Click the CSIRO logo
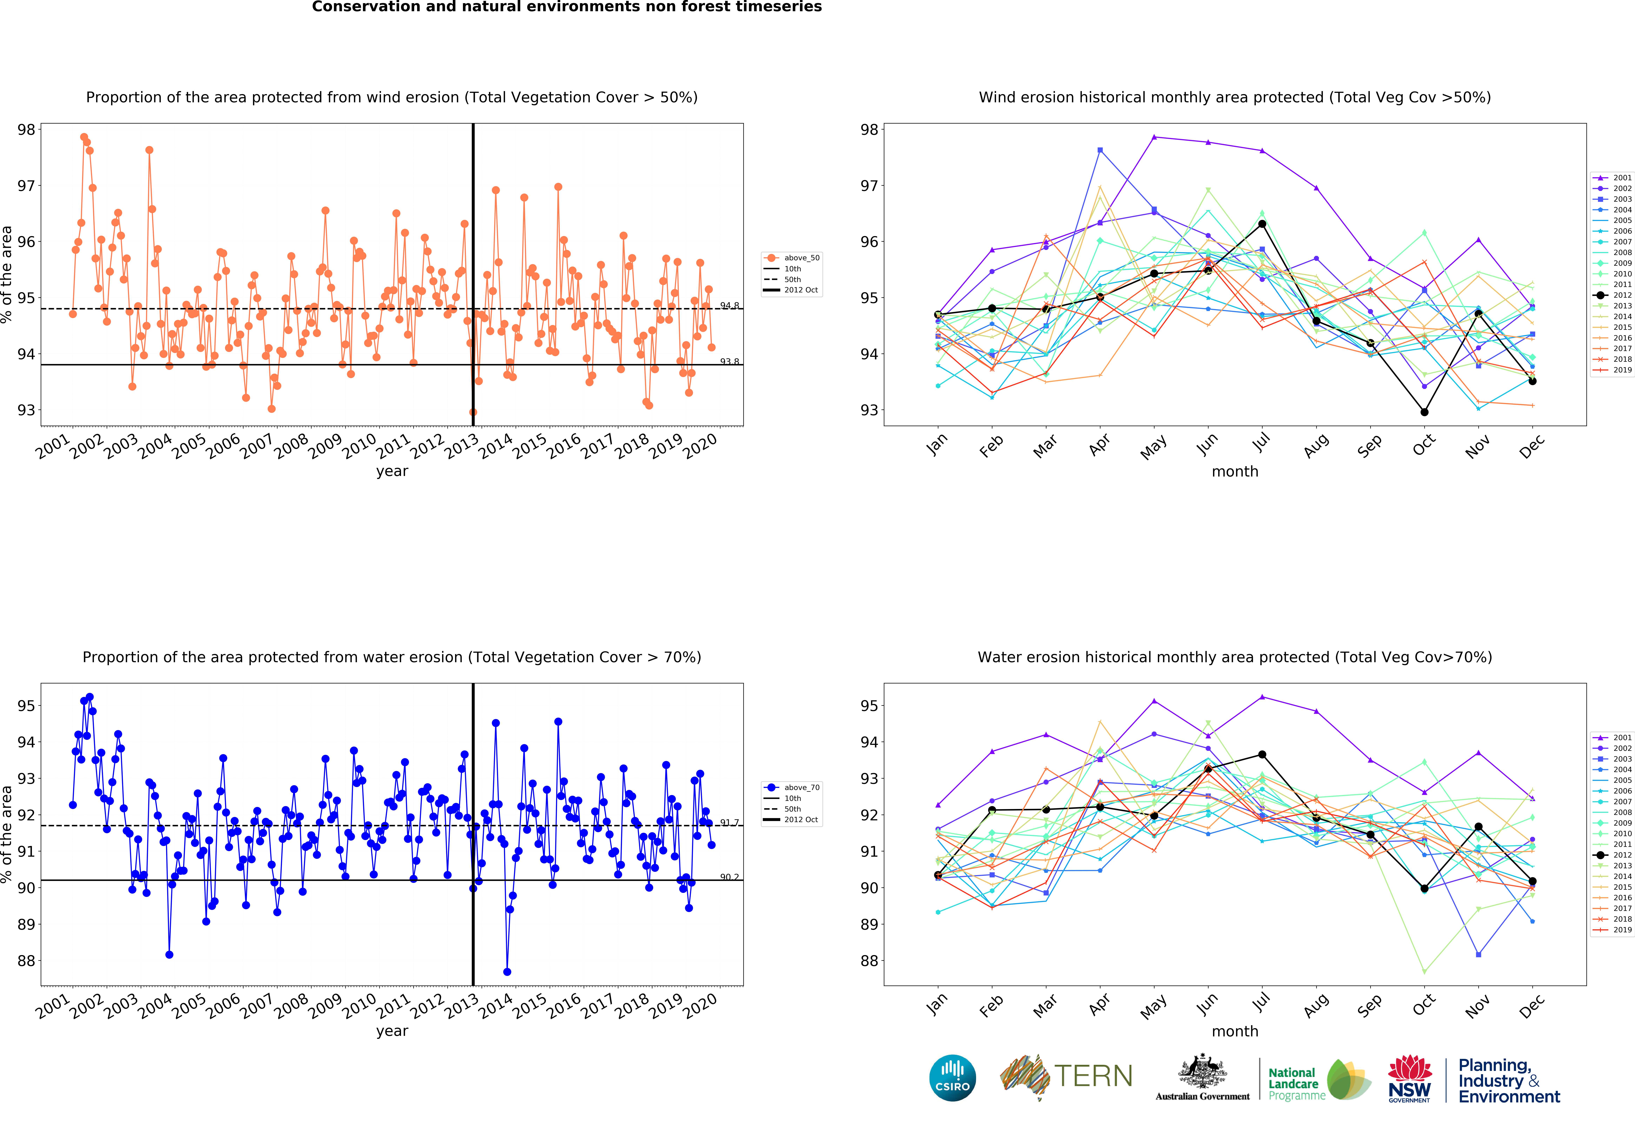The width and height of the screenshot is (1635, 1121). [953, 1077]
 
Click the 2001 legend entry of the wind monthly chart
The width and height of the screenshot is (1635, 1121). [1611, 178]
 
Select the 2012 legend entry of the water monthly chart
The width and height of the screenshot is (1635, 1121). [1611, 855]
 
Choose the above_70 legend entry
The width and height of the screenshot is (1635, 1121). [792, 788]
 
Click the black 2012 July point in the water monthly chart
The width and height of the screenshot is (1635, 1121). [1262, 754]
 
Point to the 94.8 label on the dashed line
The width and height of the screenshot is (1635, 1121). [730, 305]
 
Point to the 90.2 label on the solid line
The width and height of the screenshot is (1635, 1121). [730, 877]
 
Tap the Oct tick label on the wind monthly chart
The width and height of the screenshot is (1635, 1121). [1424, 445]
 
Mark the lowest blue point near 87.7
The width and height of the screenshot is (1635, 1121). [507, 972]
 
